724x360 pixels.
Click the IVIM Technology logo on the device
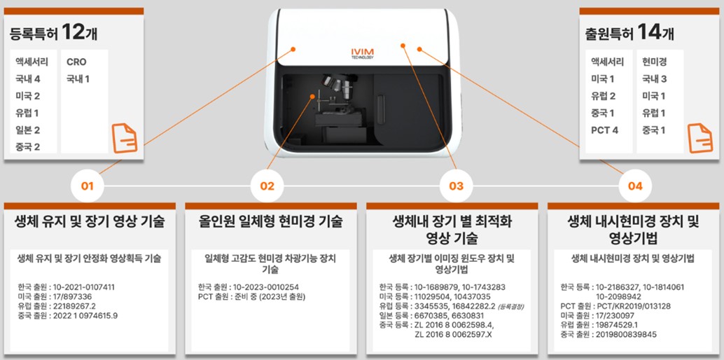[362, 54]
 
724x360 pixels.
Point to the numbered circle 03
[456, 186]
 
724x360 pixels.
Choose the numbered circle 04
[635, 186]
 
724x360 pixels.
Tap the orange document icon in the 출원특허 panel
[699, 137]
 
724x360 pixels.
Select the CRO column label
[76, 62]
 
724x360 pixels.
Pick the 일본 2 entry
[27, 130]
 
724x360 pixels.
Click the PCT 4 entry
[604, 130]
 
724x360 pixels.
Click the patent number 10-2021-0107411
[85, 287]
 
